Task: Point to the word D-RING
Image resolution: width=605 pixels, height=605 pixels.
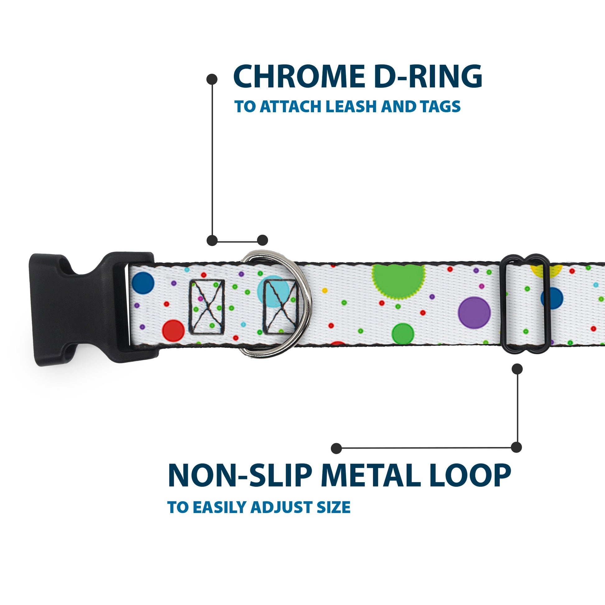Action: pyautogui.click(x=428, y=77)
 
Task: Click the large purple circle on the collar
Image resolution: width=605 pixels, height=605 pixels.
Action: pyautogui.click(x=474, y=313)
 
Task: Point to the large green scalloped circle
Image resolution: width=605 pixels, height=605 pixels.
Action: pyautogui.click(x=398, y=280)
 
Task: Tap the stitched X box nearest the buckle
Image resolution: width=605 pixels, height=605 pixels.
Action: pyautogui.click(x=207, y=307)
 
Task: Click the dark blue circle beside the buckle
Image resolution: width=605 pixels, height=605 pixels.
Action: pyautogui.click(x=143, y=283)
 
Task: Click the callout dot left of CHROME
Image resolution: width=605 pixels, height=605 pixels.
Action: pyautogui.click(x=212, y=79)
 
